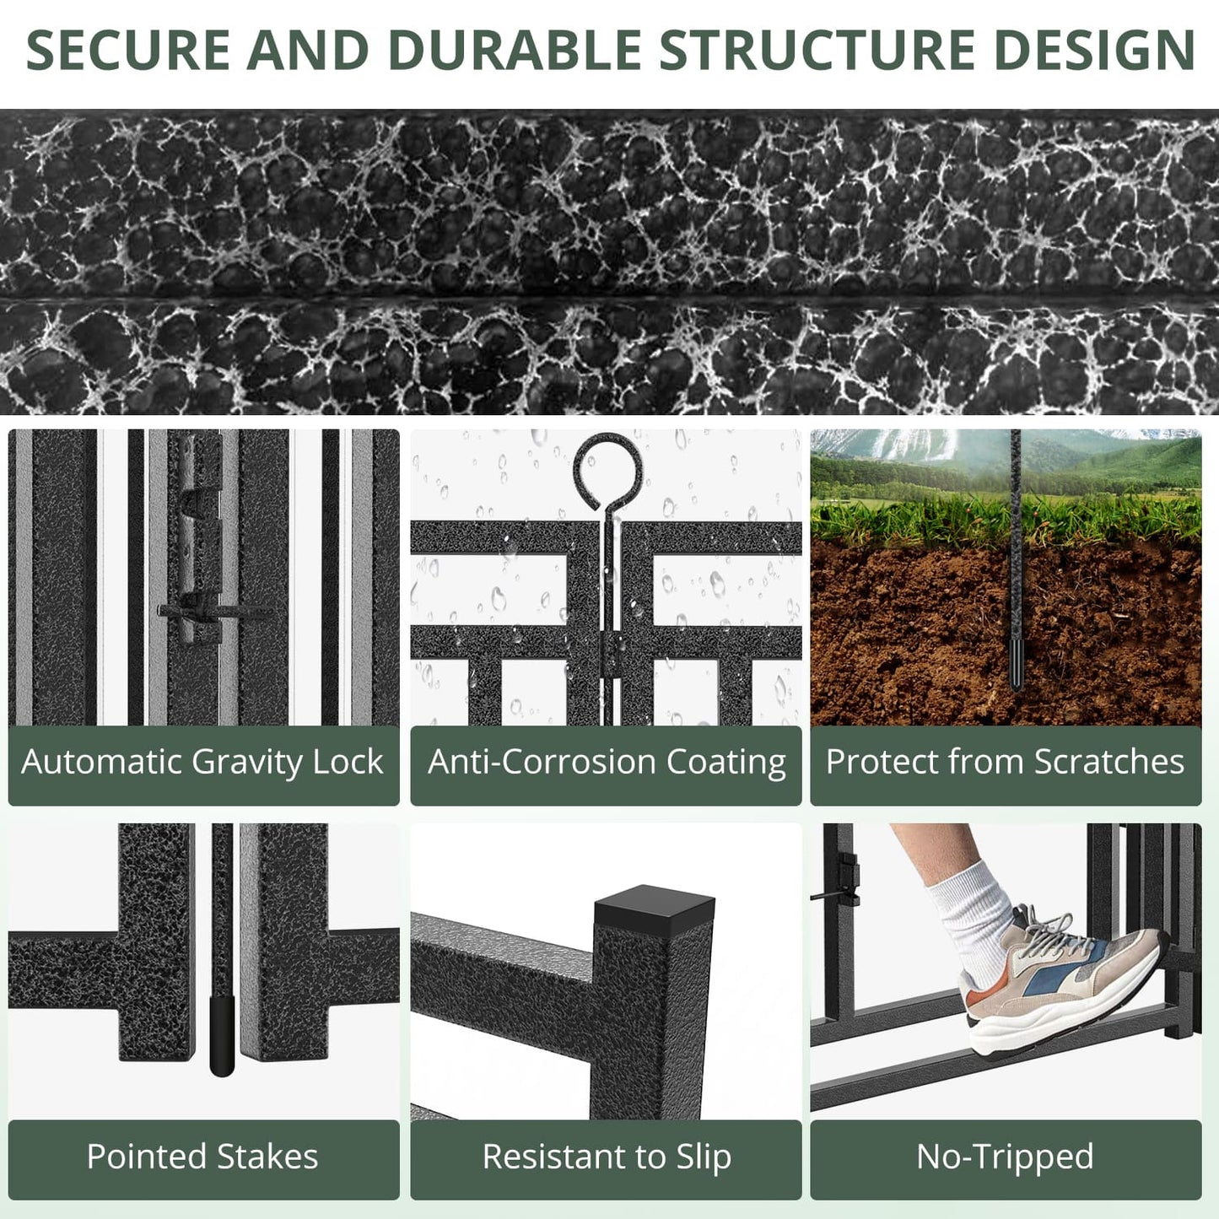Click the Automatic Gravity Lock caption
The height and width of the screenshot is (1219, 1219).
202,763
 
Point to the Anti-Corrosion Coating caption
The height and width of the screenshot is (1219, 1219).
607,763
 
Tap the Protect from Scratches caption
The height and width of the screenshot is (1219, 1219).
1005,763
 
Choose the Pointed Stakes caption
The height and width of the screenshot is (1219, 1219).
202,1157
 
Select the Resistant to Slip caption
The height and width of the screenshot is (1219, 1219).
607,1157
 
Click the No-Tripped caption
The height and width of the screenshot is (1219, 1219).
1005,1157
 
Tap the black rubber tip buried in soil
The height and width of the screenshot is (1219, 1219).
1017,663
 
